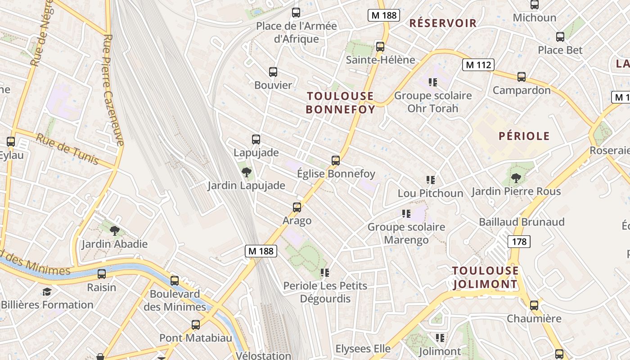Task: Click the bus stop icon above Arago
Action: pos(297,207)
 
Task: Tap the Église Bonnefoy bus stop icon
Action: pos(335,161)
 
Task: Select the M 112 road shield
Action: pos(478,65)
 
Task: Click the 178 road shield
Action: pos(519,242)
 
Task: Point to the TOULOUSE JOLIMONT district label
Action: pos(485,277)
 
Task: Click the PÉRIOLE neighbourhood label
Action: pos(524,136)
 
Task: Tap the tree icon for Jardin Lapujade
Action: pos(246,172)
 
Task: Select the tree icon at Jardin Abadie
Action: pos(115,231)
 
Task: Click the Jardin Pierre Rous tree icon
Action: pos(516,178)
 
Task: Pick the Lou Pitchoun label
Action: pos(430,193)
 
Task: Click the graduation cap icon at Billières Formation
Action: pos(47,292)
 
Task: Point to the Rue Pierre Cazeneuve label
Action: pos(113,90)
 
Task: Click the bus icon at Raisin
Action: pos(102,274)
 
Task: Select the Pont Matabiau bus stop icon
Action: pos(195,325)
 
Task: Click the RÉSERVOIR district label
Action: pos(443,23)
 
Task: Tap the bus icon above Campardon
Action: pos(521,77)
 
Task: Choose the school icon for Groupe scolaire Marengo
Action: pos(406,214)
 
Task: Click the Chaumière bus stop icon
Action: pos(534,306)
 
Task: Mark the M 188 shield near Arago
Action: pos(261,251)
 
